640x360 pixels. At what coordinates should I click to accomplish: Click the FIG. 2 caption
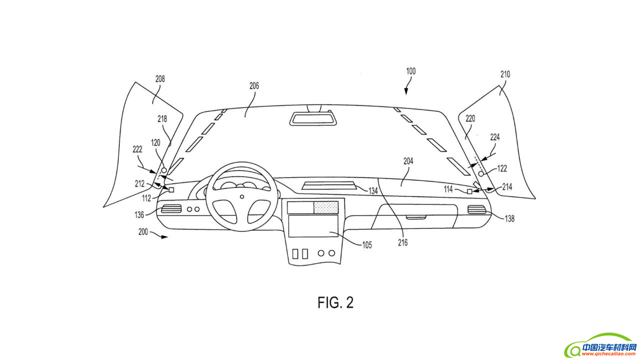pyautogui.click(x=335, y=302)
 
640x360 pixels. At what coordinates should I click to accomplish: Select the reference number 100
pyautogui.click(x=410, y=71)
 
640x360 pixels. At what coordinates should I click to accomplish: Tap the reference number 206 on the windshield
pyautogui.click(x=254, y=86)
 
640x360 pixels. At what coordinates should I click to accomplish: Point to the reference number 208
pyautogui.click(x=160, y=79)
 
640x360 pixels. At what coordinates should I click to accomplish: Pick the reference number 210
pyautogui.click(x=505, y=74)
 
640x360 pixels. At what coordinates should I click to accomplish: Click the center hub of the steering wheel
pyautogui.click(x=242, y=196)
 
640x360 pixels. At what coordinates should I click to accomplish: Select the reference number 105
pyautogui.click(x=367, y=245)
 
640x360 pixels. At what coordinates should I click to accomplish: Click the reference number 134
pyautogui.click(x=373, y=191)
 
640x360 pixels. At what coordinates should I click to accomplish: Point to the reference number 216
pyautogui.click(x=403, y=243)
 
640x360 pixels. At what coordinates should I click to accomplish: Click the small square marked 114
pyautogui.click(x=469, y=191)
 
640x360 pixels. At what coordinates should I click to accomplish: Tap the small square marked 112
pyautogui.click(x=171, y=190)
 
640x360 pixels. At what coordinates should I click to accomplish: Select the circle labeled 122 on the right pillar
pyautogui.click(x=481, y=173)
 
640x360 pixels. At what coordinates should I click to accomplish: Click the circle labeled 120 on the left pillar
pyautogui.click(x=163, y=170)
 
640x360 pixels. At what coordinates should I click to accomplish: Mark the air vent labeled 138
pyautogui.click(x=476, y=210)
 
